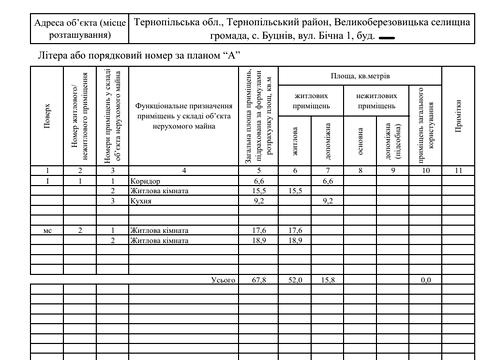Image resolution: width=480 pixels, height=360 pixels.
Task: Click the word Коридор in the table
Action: point(147,180)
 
